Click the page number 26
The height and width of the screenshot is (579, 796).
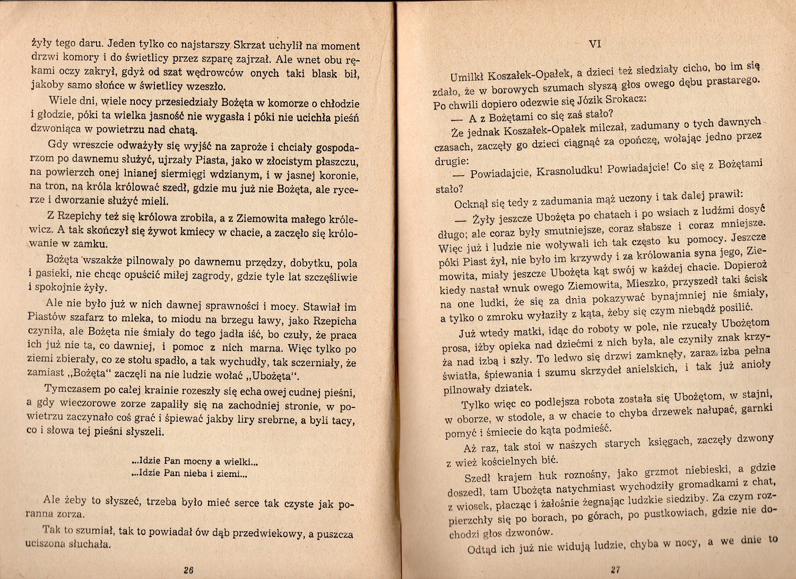coord(188,570)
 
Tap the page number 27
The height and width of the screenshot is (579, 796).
coord(615,570)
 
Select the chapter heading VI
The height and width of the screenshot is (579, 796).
coord(595,45)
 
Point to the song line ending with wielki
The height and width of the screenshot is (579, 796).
coord(195,461)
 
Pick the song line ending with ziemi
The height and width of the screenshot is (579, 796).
coord(189,473)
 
